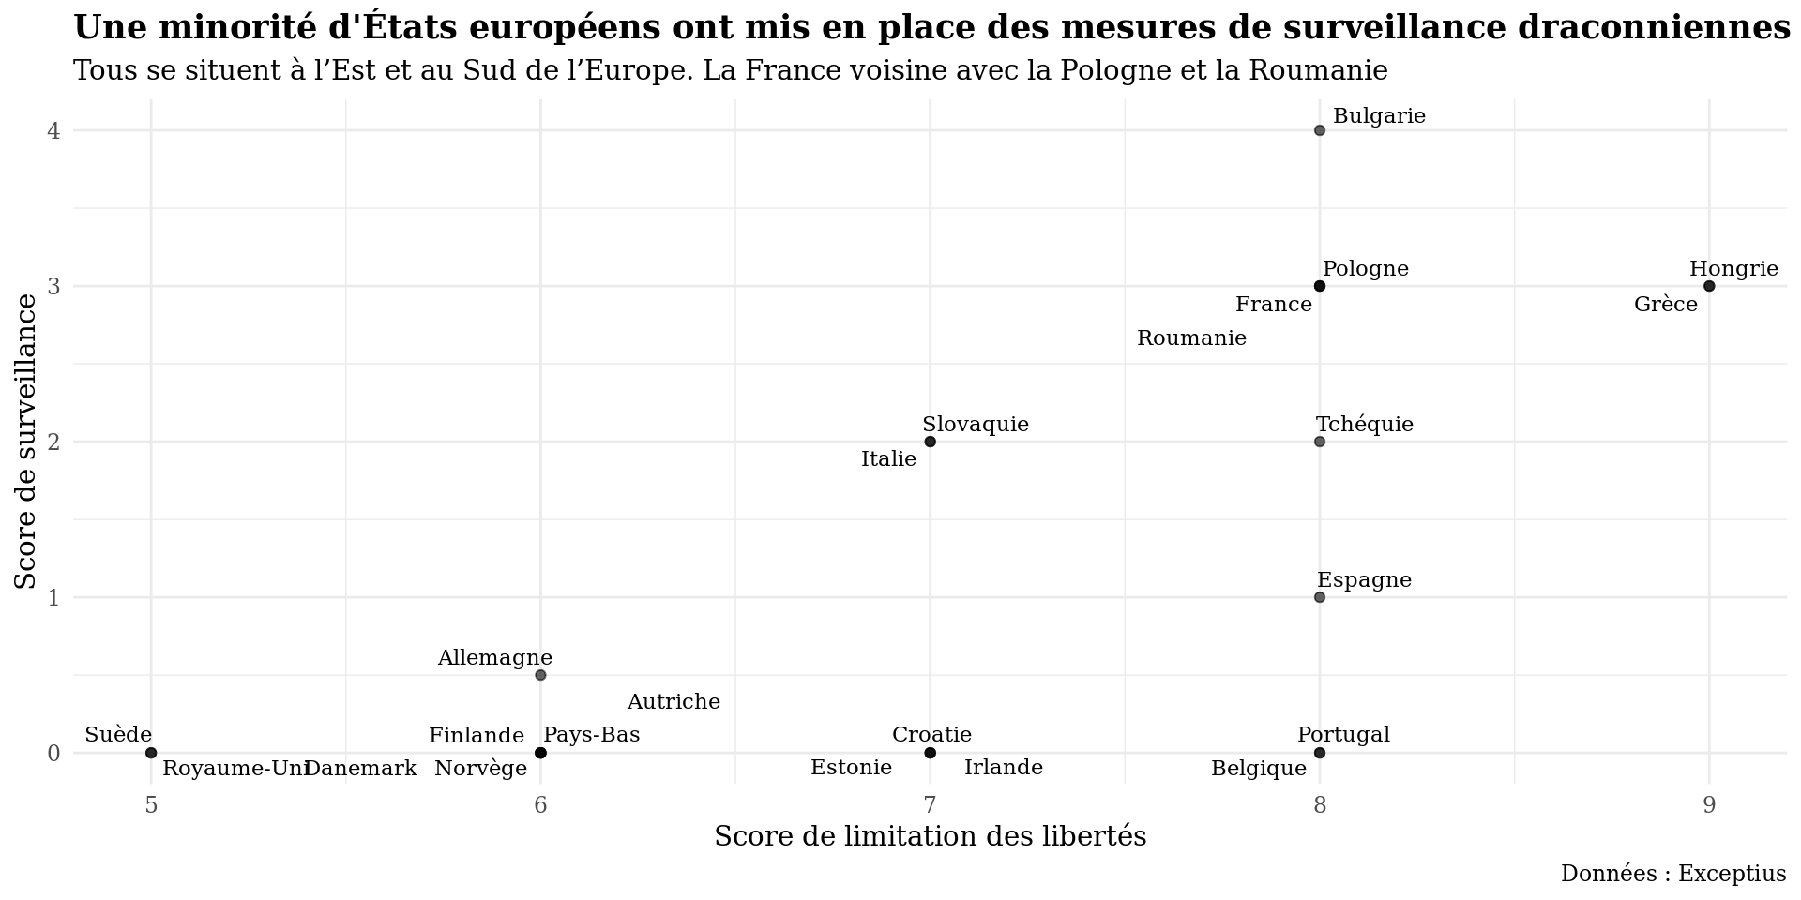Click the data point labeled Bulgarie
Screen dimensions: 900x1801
tap(1320, 130)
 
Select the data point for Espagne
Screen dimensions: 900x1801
tap(1320, 597)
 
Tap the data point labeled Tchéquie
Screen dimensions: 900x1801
tap(1320, 442)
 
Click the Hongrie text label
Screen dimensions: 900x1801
tap(1733, 269)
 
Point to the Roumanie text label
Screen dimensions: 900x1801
tap(1191, 338)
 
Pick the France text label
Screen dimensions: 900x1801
tap(1273, 305)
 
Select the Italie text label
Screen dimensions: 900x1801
tap(888, 459)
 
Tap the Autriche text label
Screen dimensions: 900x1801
tap(673, 702)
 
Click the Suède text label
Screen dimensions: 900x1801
tap(118, 735)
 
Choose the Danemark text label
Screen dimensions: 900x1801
tap(361, 769)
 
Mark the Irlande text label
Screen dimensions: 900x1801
tap(1004, 768)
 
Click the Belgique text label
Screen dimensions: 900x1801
tap(1259, 769)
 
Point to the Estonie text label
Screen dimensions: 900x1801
tap(851, 768)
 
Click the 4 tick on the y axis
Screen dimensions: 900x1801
tap(53, 130)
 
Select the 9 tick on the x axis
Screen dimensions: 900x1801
tap(1709, 805)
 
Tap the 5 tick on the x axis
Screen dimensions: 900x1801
tap(151, 805)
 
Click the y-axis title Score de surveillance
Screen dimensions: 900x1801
tap(26, 442)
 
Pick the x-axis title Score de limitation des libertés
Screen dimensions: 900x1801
tap(931, 836)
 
